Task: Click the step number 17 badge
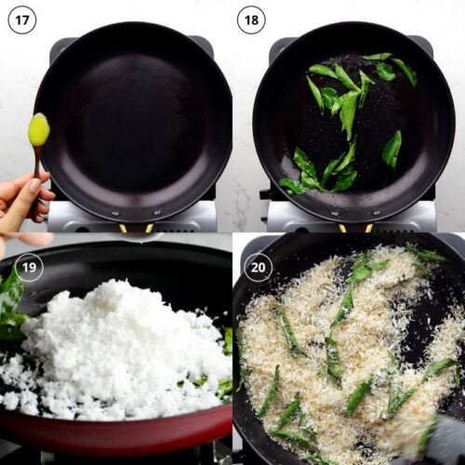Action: click(21, 20)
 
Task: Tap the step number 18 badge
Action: click(250, 20)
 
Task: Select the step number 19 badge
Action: click(30, 268)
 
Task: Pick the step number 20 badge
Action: click(258, 268)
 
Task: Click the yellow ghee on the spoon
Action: click(38, 129)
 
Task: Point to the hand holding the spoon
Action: click(20, 205)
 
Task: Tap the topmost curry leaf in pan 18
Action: click(378, 57)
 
